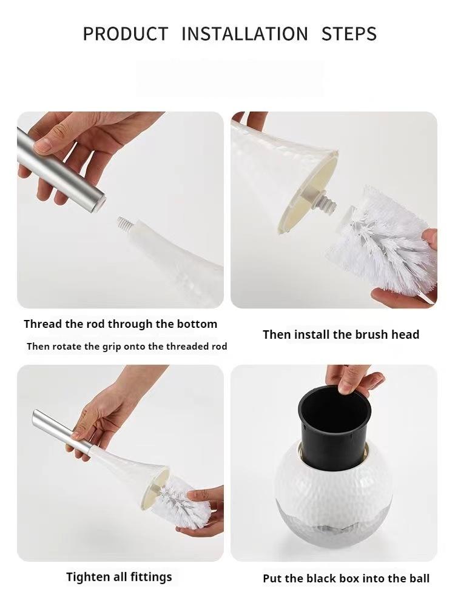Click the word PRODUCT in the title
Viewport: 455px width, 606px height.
click(125, 34)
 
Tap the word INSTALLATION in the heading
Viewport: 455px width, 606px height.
click(244, 34)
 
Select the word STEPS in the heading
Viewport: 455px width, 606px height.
click(349, 34)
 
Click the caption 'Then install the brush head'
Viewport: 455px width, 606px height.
click(340, 335)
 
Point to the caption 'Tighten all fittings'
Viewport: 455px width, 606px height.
click(119, 577)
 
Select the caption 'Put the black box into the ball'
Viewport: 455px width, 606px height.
click(346, 579)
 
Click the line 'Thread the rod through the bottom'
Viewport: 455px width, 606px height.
click(120, 324)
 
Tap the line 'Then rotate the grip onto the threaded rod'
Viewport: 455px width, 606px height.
click(127, 347)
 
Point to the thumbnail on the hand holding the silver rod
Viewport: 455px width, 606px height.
click(44, 145)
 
